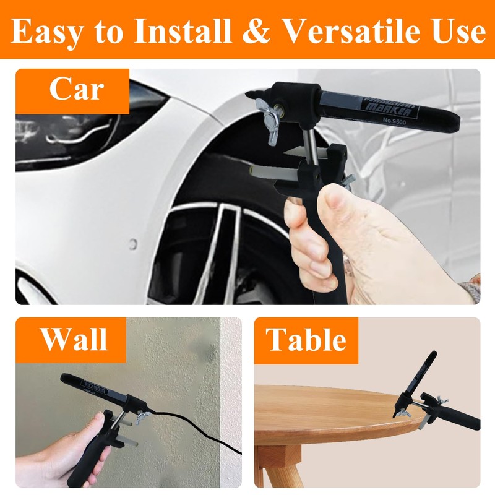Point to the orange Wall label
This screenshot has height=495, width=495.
74,340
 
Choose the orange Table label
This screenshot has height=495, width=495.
306,340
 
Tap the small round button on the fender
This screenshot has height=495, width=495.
132,244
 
